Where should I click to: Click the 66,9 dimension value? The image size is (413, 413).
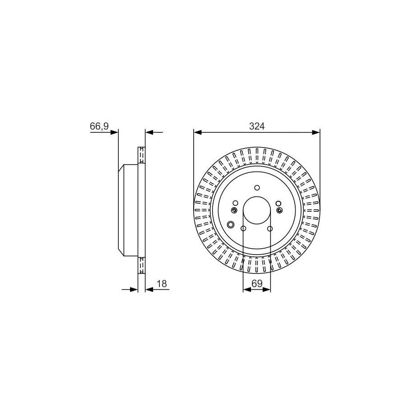(x=99, y=126)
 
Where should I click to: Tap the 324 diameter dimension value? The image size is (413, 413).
(x=257, y=126)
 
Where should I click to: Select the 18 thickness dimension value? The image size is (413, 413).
(x=162, y=283)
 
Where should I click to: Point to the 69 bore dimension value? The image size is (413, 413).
(x=257, y=283)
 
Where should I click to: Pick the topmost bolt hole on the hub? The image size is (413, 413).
(x=257, y=187)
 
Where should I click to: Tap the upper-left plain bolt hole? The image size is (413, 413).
(x=236, y=203)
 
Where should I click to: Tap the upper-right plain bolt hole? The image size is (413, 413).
(x=278, y=203)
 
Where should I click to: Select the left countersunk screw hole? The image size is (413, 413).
(x=234, y=210)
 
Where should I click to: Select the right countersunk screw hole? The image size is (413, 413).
(x=280, y=210)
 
